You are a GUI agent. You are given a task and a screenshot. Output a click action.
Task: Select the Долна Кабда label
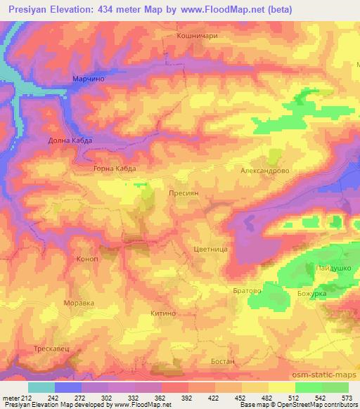(70, 141)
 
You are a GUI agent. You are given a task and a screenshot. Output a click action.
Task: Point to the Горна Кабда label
(114, 169)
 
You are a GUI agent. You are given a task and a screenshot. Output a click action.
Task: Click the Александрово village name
(265, 171)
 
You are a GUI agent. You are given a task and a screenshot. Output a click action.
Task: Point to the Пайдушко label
(328, 268)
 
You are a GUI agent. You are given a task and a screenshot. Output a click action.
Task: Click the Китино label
(162, 317)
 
